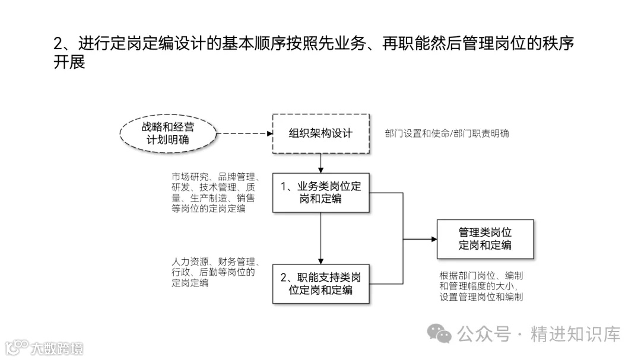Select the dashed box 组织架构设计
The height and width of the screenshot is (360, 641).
point(320,133)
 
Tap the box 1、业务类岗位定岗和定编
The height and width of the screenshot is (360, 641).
point(320,193)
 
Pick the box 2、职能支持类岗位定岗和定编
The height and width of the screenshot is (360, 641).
point(320,283)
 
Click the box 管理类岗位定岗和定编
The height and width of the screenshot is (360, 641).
point(485,239)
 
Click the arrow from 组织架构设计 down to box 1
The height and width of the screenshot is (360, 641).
point(320,163)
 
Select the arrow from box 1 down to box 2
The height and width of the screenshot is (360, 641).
point(320,237)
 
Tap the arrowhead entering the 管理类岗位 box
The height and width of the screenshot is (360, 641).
point(433,239)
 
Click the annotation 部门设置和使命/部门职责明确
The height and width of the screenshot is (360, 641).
point(446,133)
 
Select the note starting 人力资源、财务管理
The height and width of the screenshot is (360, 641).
point(214,272)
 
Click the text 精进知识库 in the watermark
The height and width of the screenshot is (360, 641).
point(575,334)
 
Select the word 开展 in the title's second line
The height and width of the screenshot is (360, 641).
point(69,62)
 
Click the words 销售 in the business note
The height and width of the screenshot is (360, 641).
point(246,198)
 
